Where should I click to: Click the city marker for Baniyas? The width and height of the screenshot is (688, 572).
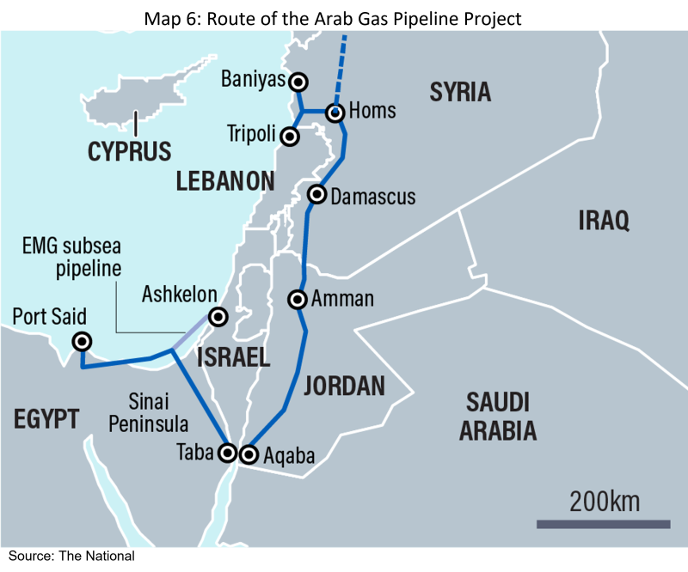[x=298, y=82]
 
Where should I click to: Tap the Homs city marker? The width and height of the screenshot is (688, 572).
[x=335, y=112]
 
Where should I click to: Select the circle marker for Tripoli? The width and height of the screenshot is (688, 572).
[x=291, y=136]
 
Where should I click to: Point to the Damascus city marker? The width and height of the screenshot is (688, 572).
[x=317, y=194]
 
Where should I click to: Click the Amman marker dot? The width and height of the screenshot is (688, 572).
[x=298, y=300]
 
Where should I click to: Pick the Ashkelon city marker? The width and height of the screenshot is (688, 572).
[x=218, y=317]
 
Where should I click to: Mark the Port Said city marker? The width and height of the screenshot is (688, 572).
[x=82, y=341]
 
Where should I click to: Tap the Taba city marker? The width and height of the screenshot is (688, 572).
[x=228, y=452]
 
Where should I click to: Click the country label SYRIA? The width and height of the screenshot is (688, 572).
[x=460, y=92]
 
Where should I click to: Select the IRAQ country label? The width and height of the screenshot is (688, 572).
[x=603, y=220]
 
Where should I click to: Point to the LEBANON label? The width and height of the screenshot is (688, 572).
[x=225, y=180]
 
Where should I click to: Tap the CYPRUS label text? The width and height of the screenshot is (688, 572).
[x=129, y=151]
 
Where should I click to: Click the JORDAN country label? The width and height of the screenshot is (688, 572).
[x=344, y=386]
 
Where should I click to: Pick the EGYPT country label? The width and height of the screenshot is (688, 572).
[x=46, y=419]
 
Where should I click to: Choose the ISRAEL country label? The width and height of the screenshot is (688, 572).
[x=233, y=357]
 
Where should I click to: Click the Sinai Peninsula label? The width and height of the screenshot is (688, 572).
[x=156, y=412]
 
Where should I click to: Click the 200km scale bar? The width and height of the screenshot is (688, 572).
[x=603, y=523]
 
